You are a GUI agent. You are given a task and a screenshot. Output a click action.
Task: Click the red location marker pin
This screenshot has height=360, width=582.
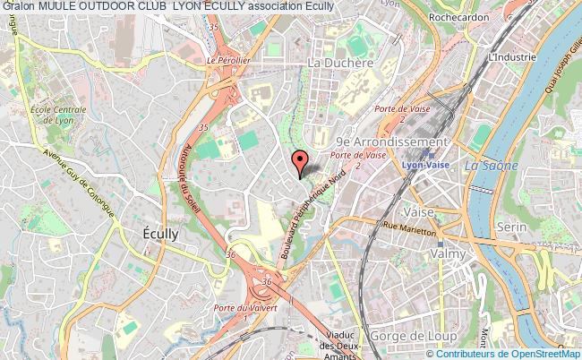pos(299,160)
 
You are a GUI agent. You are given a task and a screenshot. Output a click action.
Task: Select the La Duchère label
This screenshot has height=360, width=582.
pos(339,64)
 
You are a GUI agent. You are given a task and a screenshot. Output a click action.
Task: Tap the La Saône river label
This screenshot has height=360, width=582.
pos(484,165)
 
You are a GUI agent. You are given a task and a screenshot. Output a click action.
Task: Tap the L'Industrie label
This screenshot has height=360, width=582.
pos(512,56)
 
